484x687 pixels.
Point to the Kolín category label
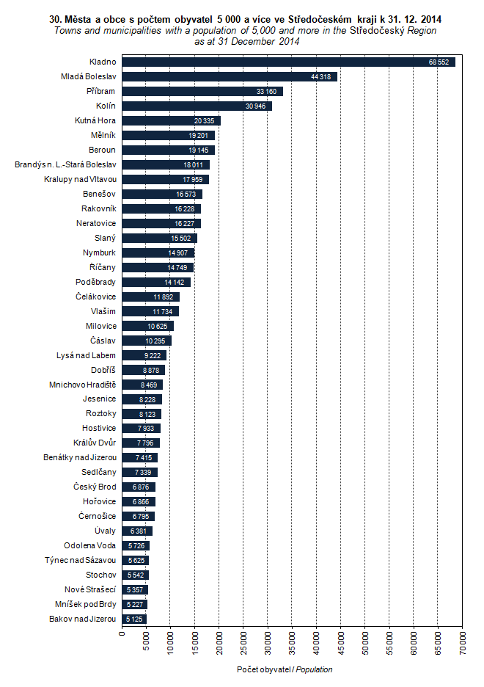click(106, 106)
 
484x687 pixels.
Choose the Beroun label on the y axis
click(103, 150)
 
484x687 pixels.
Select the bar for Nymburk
click(158, 252)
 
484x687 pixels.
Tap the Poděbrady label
click(96, 282)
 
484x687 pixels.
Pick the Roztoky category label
click(100, 414)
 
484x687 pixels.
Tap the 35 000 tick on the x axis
click(293, 640)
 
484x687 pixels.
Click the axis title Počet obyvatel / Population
click(285, 669)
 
